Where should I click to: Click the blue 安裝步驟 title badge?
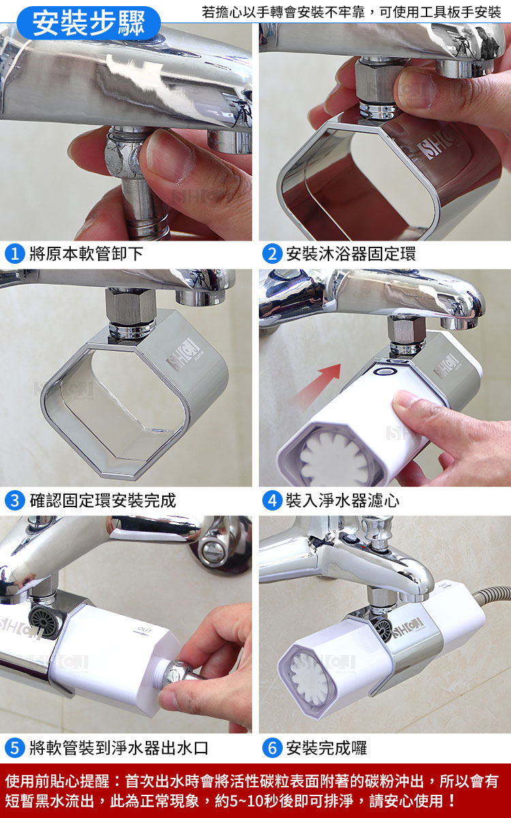point(89,23)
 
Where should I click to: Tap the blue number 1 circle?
point(15,254)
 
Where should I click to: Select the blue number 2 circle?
point(273,254)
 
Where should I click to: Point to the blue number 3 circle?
point(15,500)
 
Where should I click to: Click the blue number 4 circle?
point(273,500)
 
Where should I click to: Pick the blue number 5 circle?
point(15,748)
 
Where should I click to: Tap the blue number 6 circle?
point(273,748)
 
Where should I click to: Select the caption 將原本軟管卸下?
point(86,254)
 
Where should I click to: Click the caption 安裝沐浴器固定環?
point(351,254)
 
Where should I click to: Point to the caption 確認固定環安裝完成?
point(103,500)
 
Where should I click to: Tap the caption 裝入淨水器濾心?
point(342,500)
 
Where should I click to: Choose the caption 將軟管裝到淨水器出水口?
point(119,748)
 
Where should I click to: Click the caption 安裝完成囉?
point(326,748)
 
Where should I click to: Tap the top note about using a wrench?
point(351,12)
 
